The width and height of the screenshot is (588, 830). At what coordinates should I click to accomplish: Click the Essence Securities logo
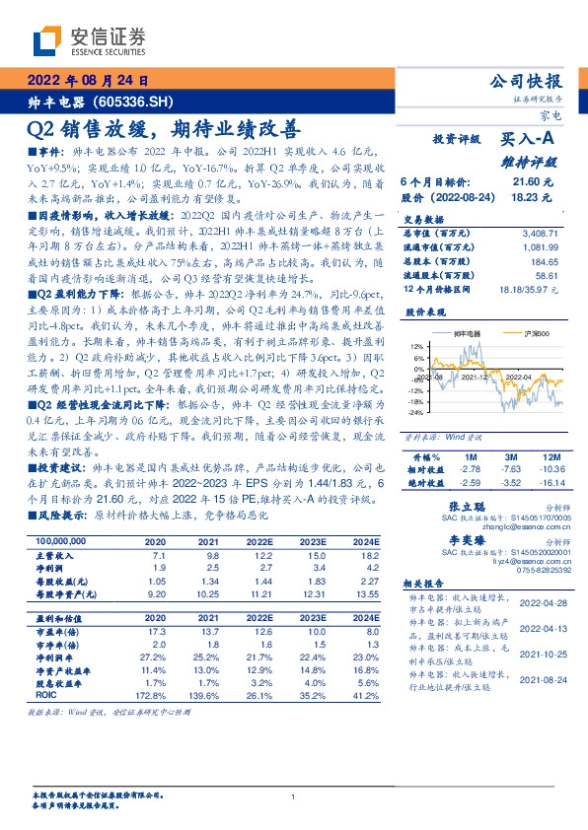[90, 38]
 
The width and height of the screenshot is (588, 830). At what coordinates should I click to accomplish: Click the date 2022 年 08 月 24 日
[86, 81]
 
